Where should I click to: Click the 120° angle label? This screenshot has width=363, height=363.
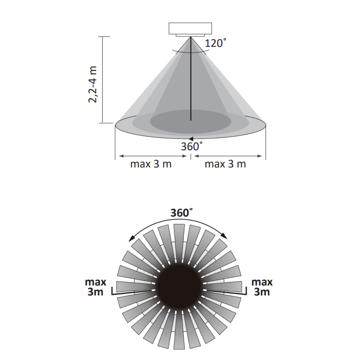215,43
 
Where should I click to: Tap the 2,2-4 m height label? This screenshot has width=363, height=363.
93,84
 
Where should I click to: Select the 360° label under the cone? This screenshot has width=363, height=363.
191,146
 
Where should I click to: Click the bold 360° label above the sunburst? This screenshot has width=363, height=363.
181,213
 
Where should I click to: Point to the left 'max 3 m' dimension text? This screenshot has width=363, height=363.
151,164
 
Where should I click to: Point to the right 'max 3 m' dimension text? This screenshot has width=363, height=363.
225,164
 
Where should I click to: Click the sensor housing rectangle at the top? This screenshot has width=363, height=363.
190,28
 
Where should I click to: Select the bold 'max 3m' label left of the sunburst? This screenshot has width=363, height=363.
96,287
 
